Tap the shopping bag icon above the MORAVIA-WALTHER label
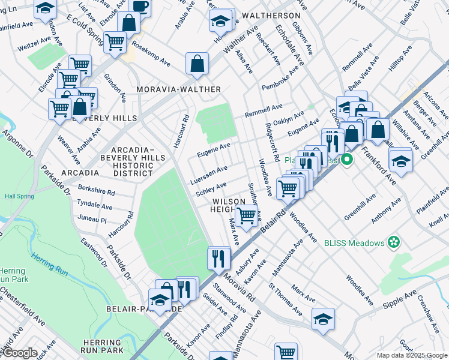click(197, 63)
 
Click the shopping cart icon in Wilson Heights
click(246, 215)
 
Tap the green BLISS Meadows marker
click(394, 242)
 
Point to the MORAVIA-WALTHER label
click(179, 89)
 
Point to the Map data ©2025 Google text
click(411, 355)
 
